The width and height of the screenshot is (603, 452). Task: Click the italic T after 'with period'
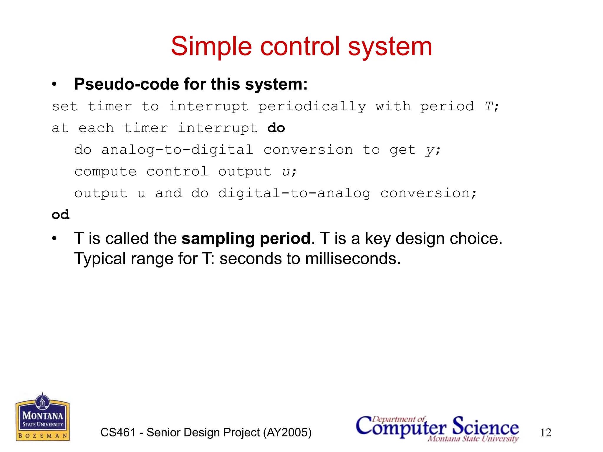(488, 107)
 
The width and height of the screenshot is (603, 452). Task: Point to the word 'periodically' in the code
(312, 107)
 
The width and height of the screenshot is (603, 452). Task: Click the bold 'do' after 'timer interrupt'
(276, 128)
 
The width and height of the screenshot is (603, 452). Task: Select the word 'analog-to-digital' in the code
(177, 150)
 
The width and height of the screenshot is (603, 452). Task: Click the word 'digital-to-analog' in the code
(294, 193)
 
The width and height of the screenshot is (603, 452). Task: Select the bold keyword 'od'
(61, 215)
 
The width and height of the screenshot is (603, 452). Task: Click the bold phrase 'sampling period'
(246, 238)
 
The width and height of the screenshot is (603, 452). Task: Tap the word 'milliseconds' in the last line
(352, 259)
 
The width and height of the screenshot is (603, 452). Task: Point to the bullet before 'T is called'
(54, 239)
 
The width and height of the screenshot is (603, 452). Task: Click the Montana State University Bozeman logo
(43, 417)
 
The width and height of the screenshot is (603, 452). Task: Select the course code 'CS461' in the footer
(118, 432)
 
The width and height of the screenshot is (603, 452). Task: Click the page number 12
(546, 433)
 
